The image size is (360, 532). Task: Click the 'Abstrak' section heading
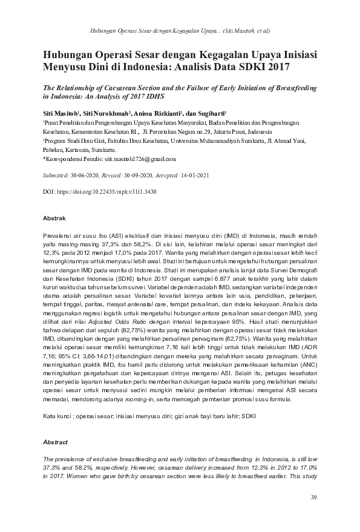[54, 218]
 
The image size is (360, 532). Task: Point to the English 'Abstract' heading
[56, 442]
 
